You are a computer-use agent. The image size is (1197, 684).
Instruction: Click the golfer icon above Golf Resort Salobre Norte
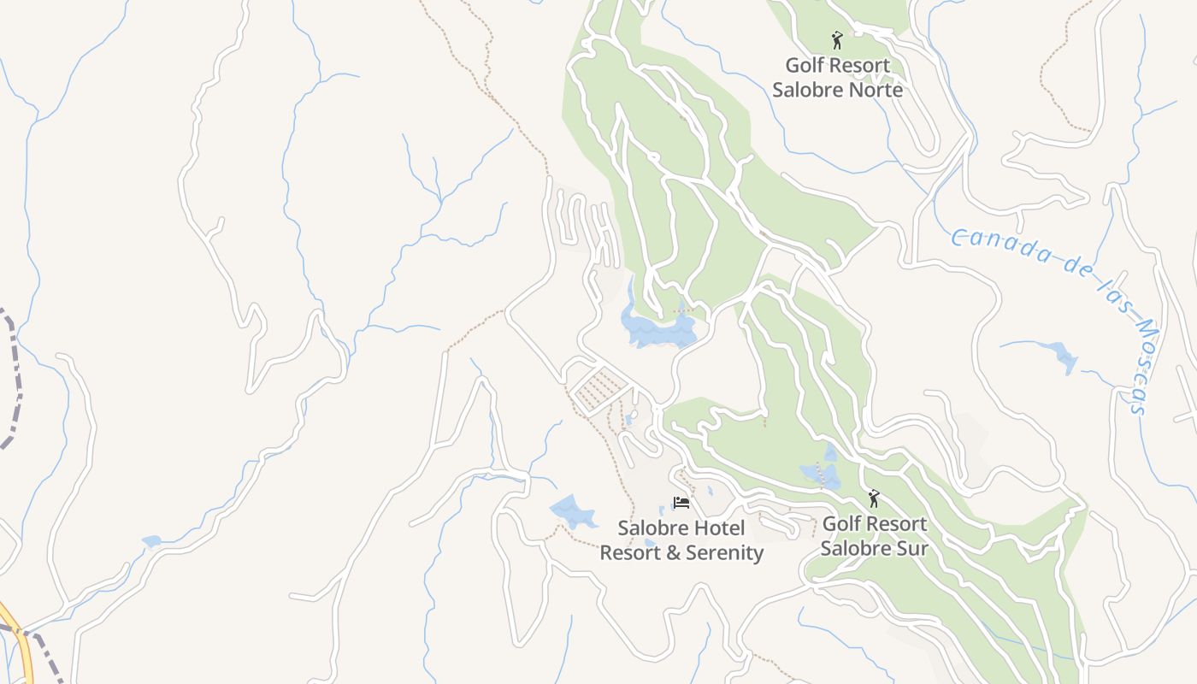click(x=837, y=39)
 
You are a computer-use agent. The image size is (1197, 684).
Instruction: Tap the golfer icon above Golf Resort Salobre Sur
click(x=873, y=498)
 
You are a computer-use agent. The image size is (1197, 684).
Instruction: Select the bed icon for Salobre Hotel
click(x=681, y=503)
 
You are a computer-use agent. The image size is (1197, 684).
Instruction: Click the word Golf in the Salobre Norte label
click(x=805, y=66)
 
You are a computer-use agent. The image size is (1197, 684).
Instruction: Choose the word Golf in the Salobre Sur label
click(x=841, y=524)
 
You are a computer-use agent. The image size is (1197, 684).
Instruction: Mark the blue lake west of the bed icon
click(x=572, y=511)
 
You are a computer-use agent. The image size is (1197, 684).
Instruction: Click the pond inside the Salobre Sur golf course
click(x=819, y=473)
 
